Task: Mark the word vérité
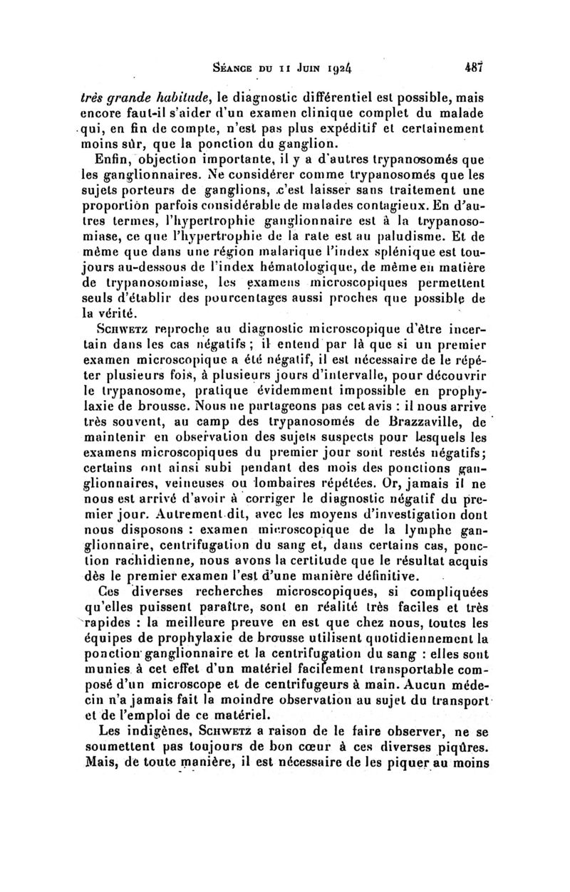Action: coord(118,309)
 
